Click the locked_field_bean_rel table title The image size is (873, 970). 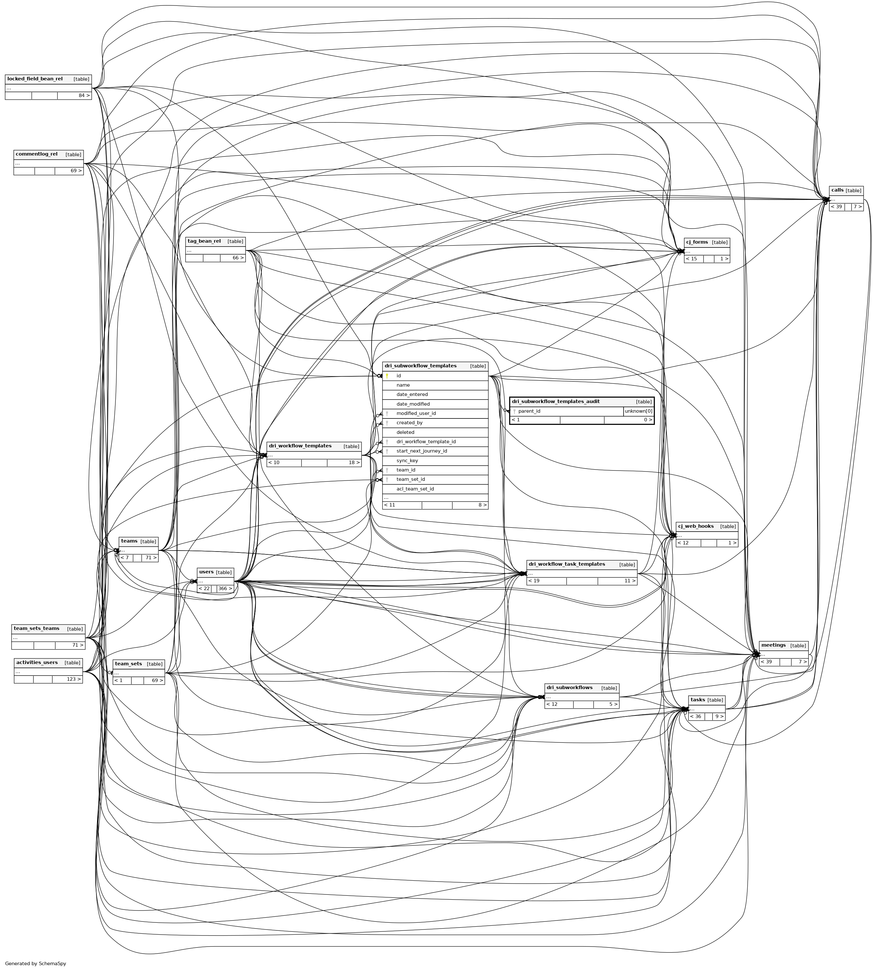point(35,79)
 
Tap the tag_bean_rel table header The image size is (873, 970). point(204,241)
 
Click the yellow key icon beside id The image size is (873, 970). point(387,376)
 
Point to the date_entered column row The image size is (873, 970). point(412,395)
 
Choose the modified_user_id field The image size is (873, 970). point(416,414)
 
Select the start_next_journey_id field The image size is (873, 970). point(422,452)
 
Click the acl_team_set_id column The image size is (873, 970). point(415,489)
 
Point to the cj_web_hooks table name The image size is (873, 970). point(696,526)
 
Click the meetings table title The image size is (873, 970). point(773,645)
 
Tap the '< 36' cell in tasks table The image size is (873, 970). point(696,717)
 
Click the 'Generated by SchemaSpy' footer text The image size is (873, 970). point(35,963)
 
